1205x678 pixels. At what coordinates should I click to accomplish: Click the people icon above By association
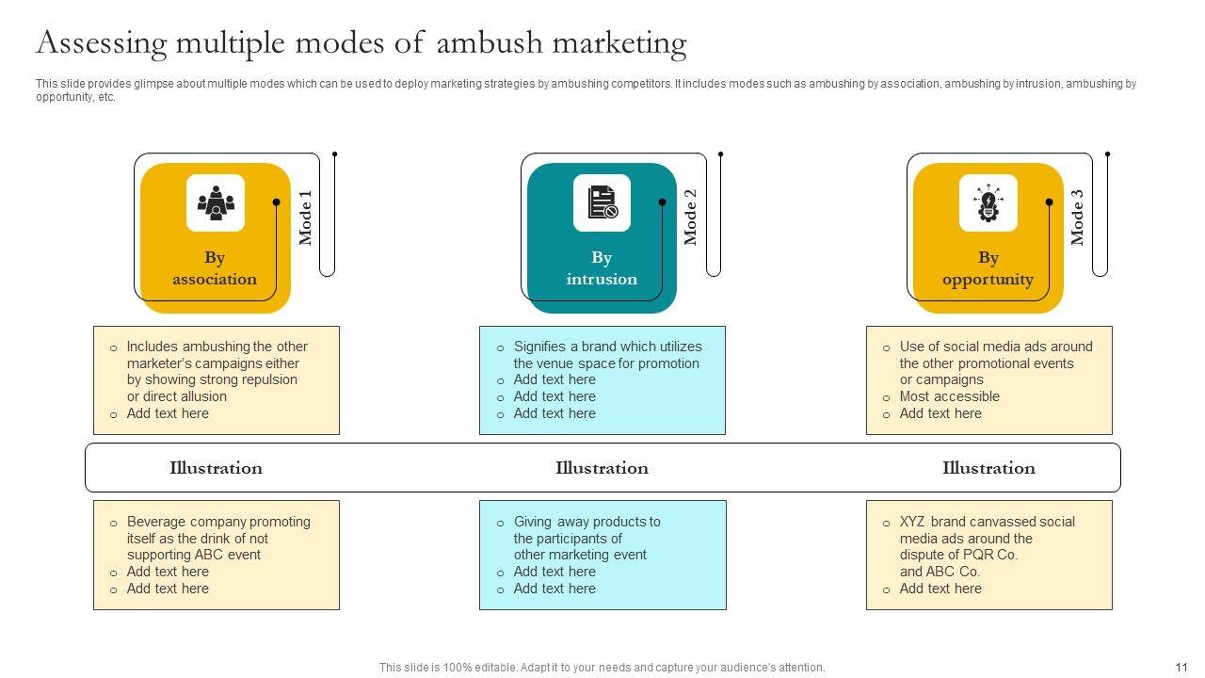216,202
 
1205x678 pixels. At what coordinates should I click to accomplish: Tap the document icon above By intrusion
602,202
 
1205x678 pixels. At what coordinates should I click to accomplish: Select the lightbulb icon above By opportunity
988,202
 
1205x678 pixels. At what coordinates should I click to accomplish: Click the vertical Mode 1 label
306,218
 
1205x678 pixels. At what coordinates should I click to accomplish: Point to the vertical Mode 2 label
691,218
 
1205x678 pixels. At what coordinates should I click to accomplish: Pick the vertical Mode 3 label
1078,218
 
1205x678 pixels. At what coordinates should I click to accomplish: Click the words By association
215,268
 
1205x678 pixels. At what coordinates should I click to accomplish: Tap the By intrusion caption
602,268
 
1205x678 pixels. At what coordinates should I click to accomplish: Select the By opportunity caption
988,268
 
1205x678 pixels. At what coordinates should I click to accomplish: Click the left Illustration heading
216,468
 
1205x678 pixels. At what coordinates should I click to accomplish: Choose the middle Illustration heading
602,468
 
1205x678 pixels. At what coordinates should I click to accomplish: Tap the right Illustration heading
988,468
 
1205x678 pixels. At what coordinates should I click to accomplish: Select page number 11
1181,667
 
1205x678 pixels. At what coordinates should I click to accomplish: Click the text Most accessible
949,396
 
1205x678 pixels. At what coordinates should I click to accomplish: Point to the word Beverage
156,522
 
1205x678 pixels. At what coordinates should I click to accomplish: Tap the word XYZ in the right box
913,522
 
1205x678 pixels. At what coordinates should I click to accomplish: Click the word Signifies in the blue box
544,347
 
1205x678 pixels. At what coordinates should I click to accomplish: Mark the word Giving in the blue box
533,522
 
